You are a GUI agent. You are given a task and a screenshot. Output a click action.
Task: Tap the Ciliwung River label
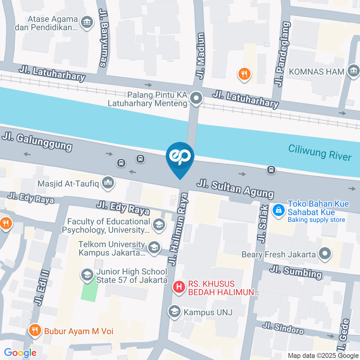[319, 153]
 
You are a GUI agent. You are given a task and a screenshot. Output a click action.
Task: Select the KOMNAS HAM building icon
[353, 71]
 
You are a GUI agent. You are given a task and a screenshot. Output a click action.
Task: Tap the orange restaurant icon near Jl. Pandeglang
[244, 73]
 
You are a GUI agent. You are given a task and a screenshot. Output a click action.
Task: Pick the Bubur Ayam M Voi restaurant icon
[35, 331]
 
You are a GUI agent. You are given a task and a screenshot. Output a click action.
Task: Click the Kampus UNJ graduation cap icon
[174, 311]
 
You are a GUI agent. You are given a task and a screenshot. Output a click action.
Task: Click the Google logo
[20, 352]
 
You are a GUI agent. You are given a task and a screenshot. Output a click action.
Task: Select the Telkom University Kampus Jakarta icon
[153, 247]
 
